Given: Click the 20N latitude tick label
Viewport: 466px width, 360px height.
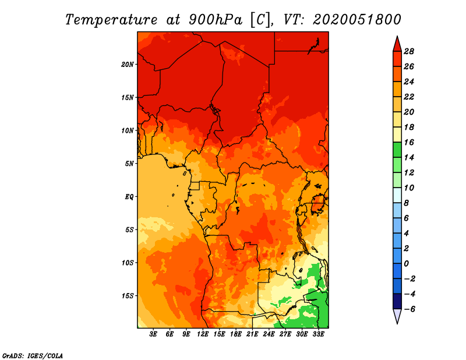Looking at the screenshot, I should [128, 64].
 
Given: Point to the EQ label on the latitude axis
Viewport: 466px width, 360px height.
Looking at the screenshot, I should [129, 196].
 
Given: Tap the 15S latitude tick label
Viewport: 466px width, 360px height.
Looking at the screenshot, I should [128, 295].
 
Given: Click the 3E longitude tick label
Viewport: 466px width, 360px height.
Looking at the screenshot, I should [154, 335].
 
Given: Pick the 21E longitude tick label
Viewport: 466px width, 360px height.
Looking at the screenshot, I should [252, 335].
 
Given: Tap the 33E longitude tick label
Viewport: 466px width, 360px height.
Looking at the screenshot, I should [318, 335].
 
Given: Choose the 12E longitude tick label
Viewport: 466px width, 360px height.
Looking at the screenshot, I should [203, 335].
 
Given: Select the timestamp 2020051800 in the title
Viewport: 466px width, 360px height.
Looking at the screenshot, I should [356, 19].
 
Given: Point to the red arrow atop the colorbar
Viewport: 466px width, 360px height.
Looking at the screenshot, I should [397, 44].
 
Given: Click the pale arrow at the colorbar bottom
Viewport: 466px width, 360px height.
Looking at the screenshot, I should [397, 316].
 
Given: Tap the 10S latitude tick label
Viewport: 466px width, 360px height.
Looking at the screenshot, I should [128, 263].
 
